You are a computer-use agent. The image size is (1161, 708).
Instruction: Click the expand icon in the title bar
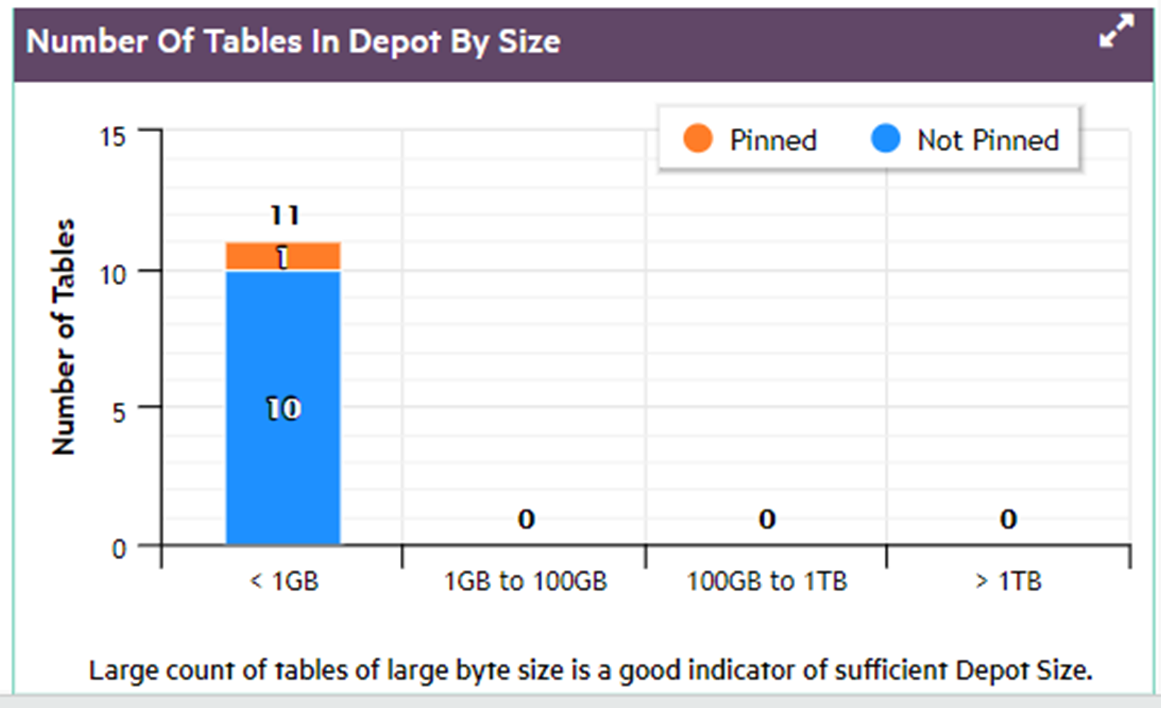(1116, 31)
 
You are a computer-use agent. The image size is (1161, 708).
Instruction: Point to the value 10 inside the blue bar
(284, 408)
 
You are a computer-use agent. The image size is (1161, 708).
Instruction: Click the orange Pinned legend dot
(697, 138)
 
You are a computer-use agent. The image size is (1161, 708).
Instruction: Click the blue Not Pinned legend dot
(885, 138)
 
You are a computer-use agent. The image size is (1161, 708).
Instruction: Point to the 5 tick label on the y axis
(119, 413)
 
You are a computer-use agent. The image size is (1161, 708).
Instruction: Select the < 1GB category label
(284, 581)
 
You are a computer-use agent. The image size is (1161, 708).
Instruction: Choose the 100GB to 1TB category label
(767, 581)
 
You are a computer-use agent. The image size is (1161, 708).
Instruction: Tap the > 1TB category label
(1008, 581)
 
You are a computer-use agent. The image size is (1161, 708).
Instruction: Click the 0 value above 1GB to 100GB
(526, 520)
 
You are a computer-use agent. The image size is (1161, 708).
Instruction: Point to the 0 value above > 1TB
(1008, 520)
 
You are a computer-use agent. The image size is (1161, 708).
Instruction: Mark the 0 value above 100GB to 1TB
(767, 520)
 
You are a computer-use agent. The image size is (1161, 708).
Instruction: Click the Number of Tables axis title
(64, 337)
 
